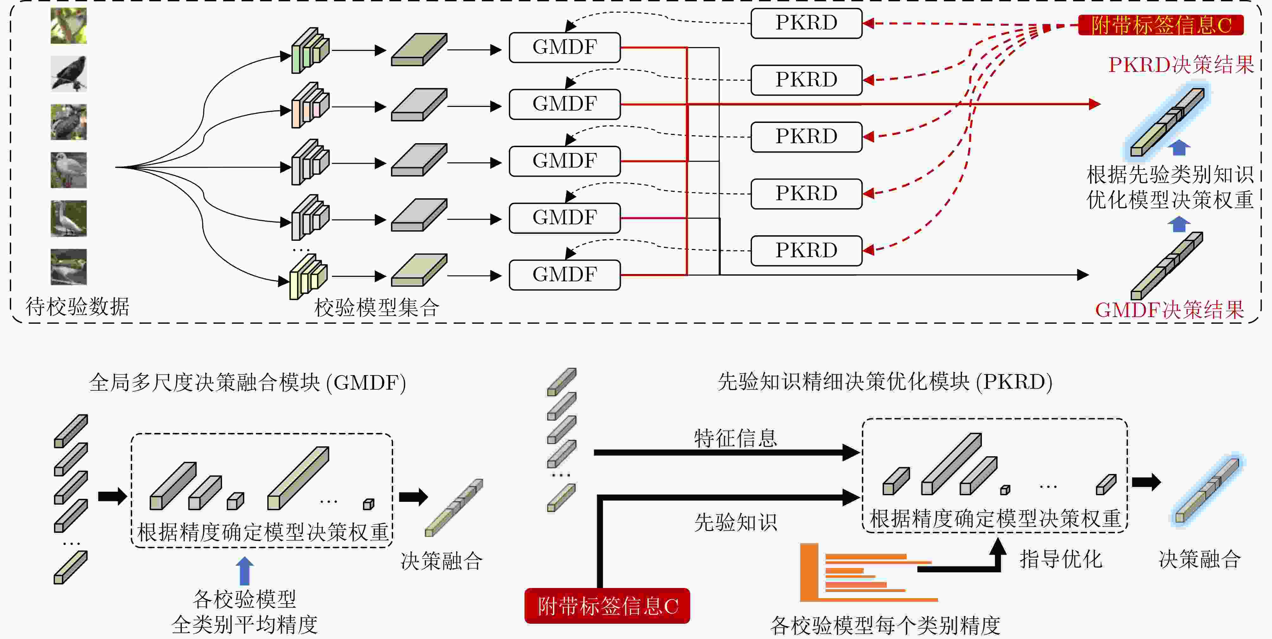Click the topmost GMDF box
point(564,48)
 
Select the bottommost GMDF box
point(564,275)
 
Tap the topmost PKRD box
point(806,23)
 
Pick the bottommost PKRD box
point(806,250)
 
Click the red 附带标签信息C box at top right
point(1161,25)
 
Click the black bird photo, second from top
point(69,73)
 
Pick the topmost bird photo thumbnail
point(69,26)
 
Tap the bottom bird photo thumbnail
point(69,267)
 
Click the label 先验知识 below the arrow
point(735,522)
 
